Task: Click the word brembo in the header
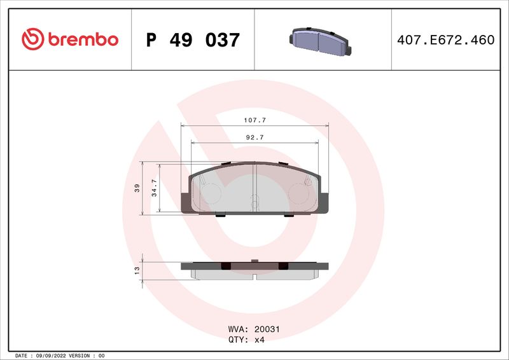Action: (x=82, y=39)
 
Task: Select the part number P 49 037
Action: (x=193, y=40)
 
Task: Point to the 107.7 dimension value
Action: (x=254, y=120)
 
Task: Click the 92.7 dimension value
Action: (x=254, y=137)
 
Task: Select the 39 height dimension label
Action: (x=136, y=189)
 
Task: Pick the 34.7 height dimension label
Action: (x=153, y=189)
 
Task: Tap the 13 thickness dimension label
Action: (x=136, y=270)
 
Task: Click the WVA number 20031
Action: (x=267, y=330)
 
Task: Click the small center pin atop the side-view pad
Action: (x=254, y=260)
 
